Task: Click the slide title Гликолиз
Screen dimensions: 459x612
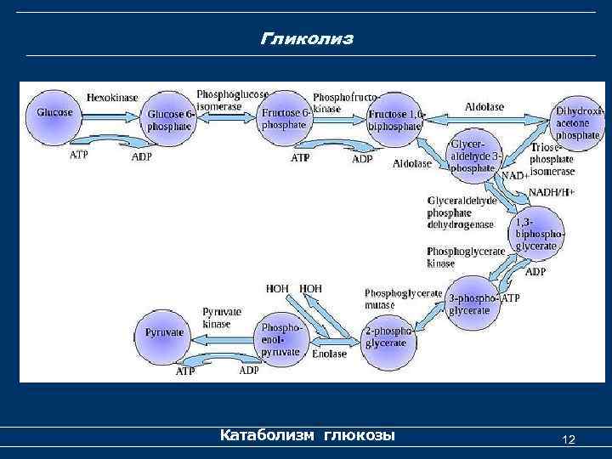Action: coord(306,40)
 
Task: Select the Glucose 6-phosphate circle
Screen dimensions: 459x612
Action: coord(171,120)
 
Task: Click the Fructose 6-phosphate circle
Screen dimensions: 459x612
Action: coord(283,118)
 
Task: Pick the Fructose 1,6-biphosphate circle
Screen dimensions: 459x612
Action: coord(394,119)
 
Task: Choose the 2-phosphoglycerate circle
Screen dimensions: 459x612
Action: coord(388,337)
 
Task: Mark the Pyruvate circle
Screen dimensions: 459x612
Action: coord(165,332)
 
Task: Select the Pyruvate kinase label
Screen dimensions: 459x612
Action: coord(222,318)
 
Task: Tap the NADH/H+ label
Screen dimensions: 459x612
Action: coord(552,192)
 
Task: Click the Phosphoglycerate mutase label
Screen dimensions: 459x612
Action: coord(403,297)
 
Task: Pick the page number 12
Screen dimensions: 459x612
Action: coord(569,439)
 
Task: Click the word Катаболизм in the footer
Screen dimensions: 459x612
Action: coord(267,435)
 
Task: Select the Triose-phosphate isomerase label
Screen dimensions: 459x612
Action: coord(552,159)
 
